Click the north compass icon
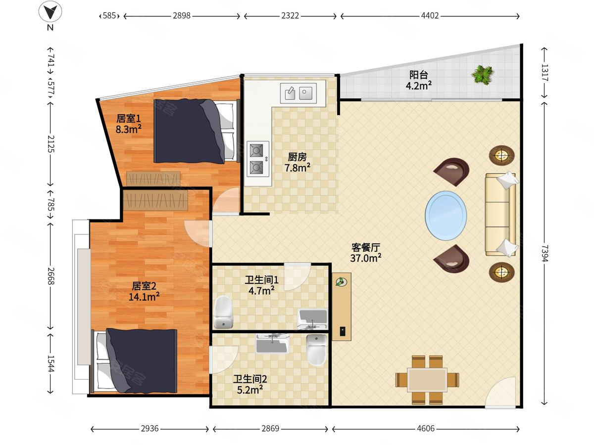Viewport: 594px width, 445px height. tap(50, 11)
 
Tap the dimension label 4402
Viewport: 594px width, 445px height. tap(430, 16)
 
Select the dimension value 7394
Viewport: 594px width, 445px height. tap(544, 253)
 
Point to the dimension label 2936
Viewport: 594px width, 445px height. tap(149, 429)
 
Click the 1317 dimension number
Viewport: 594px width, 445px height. tap(544, 73)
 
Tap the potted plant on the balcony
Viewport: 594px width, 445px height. tap(483, 75)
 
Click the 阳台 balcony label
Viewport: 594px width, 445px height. tap(418, 75)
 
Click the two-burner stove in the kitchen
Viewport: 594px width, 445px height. tap(258, 159)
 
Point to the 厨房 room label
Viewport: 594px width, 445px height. tap(297, 157)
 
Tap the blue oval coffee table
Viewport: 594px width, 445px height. tap(445, 216)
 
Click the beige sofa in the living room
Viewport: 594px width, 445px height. tap(501, 215)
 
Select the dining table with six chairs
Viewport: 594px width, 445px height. tap(427, 380)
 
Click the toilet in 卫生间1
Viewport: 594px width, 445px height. tap(223, 312)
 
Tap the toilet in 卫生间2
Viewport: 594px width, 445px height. tap(317, 350)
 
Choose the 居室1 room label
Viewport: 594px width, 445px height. tap(129, 118)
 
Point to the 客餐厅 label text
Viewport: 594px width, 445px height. tap(366, 247)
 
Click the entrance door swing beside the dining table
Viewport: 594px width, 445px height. tap(500, 392)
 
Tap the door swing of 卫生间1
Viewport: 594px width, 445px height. tap(297, 277)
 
